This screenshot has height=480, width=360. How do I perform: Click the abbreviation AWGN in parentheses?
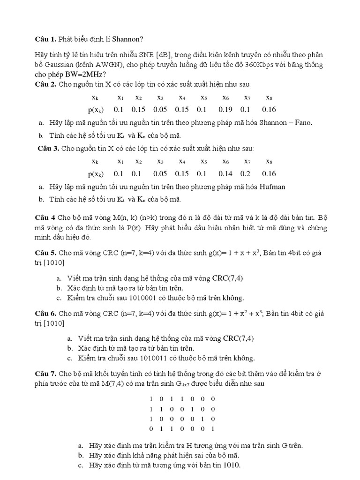point(109,64)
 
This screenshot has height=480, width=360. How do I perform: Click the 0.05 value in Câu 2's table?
point(160,109)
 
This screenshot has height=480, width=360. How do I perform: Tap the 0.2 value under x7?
point(246,173)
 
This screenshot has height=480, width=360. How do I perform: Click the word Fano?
point(303,123)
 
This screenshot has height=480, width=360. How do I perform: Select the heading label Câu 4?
point(45,218)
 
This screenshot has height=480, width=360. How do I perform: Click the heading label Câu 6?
point(46,313)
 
